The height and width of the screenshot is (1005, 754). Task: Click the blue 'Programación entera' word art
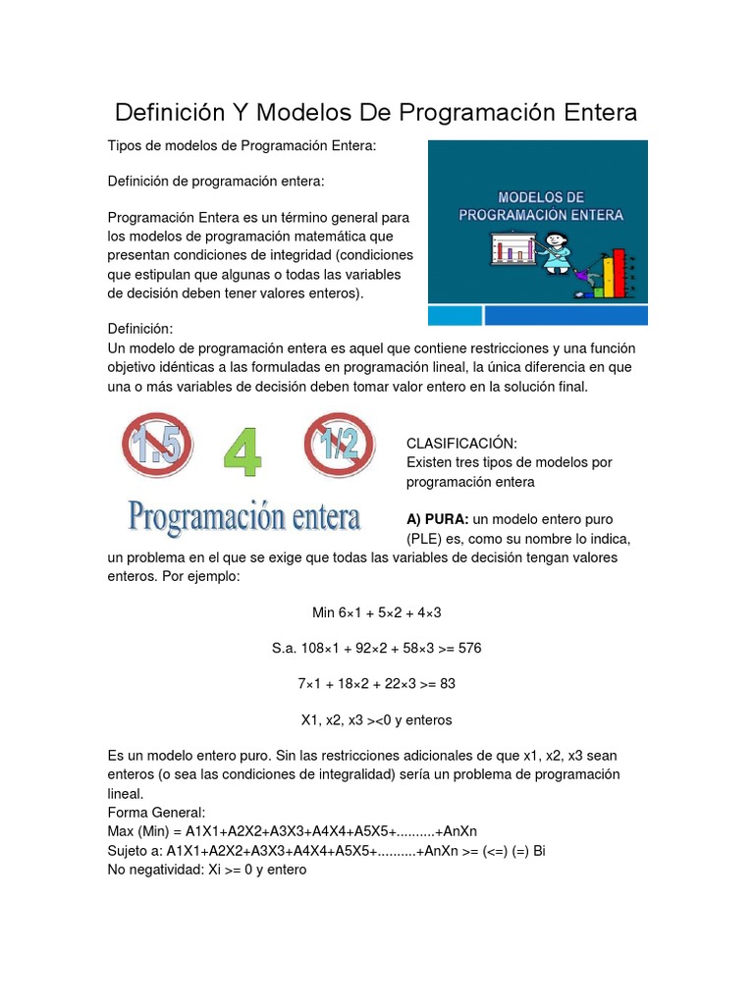pos(244,516)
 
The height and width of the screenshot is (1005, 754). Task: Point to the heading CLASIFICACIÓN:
pos(461,444)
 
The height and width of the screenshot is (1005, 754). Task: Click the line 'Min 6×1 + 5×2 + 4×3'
pos(376,612)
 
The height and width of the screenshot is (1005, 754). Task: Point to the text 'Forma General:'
pos(156,813)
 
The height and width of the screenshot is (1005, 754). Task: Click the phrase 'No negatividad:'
pos(155,870)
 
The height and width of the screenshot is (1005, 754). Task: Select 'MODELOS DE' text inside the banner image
pos(541,196)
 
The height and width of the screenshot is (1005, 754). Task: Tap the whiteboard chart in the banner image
pos(512,249)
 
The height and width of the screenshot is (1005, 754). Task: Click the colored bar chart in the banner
pos(615,271)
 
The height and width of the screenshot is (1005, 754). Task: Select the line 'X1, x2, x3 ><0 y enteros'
pos(376,719)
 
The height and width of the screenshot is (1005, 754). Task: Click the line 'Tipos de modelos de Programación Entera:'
pos(242,145)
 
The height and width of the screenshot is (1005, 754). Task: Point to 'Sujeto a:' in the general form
pos(135,851)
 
